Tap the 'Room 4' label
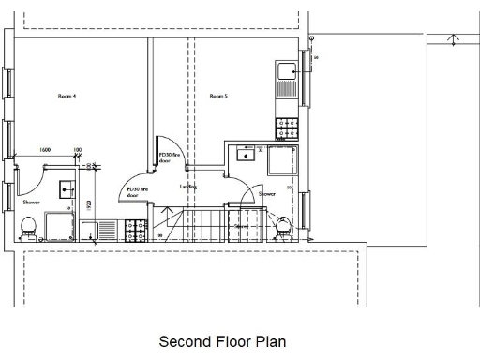[x=67, y=95]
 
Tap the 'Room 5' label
[x=219, y=95]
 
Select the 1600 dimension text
[x=44, y=150]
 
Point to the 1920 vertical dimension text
[x=87, y=205]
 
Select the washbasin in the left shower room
[x=66, y=187]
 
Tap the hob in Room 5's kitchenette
[x=284, y=125]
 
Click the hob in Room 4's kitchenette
[x=136, y=228]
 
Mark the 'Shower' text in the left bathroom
[x=31, y=202]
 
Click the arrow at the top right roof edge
[x=454, y=40]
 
